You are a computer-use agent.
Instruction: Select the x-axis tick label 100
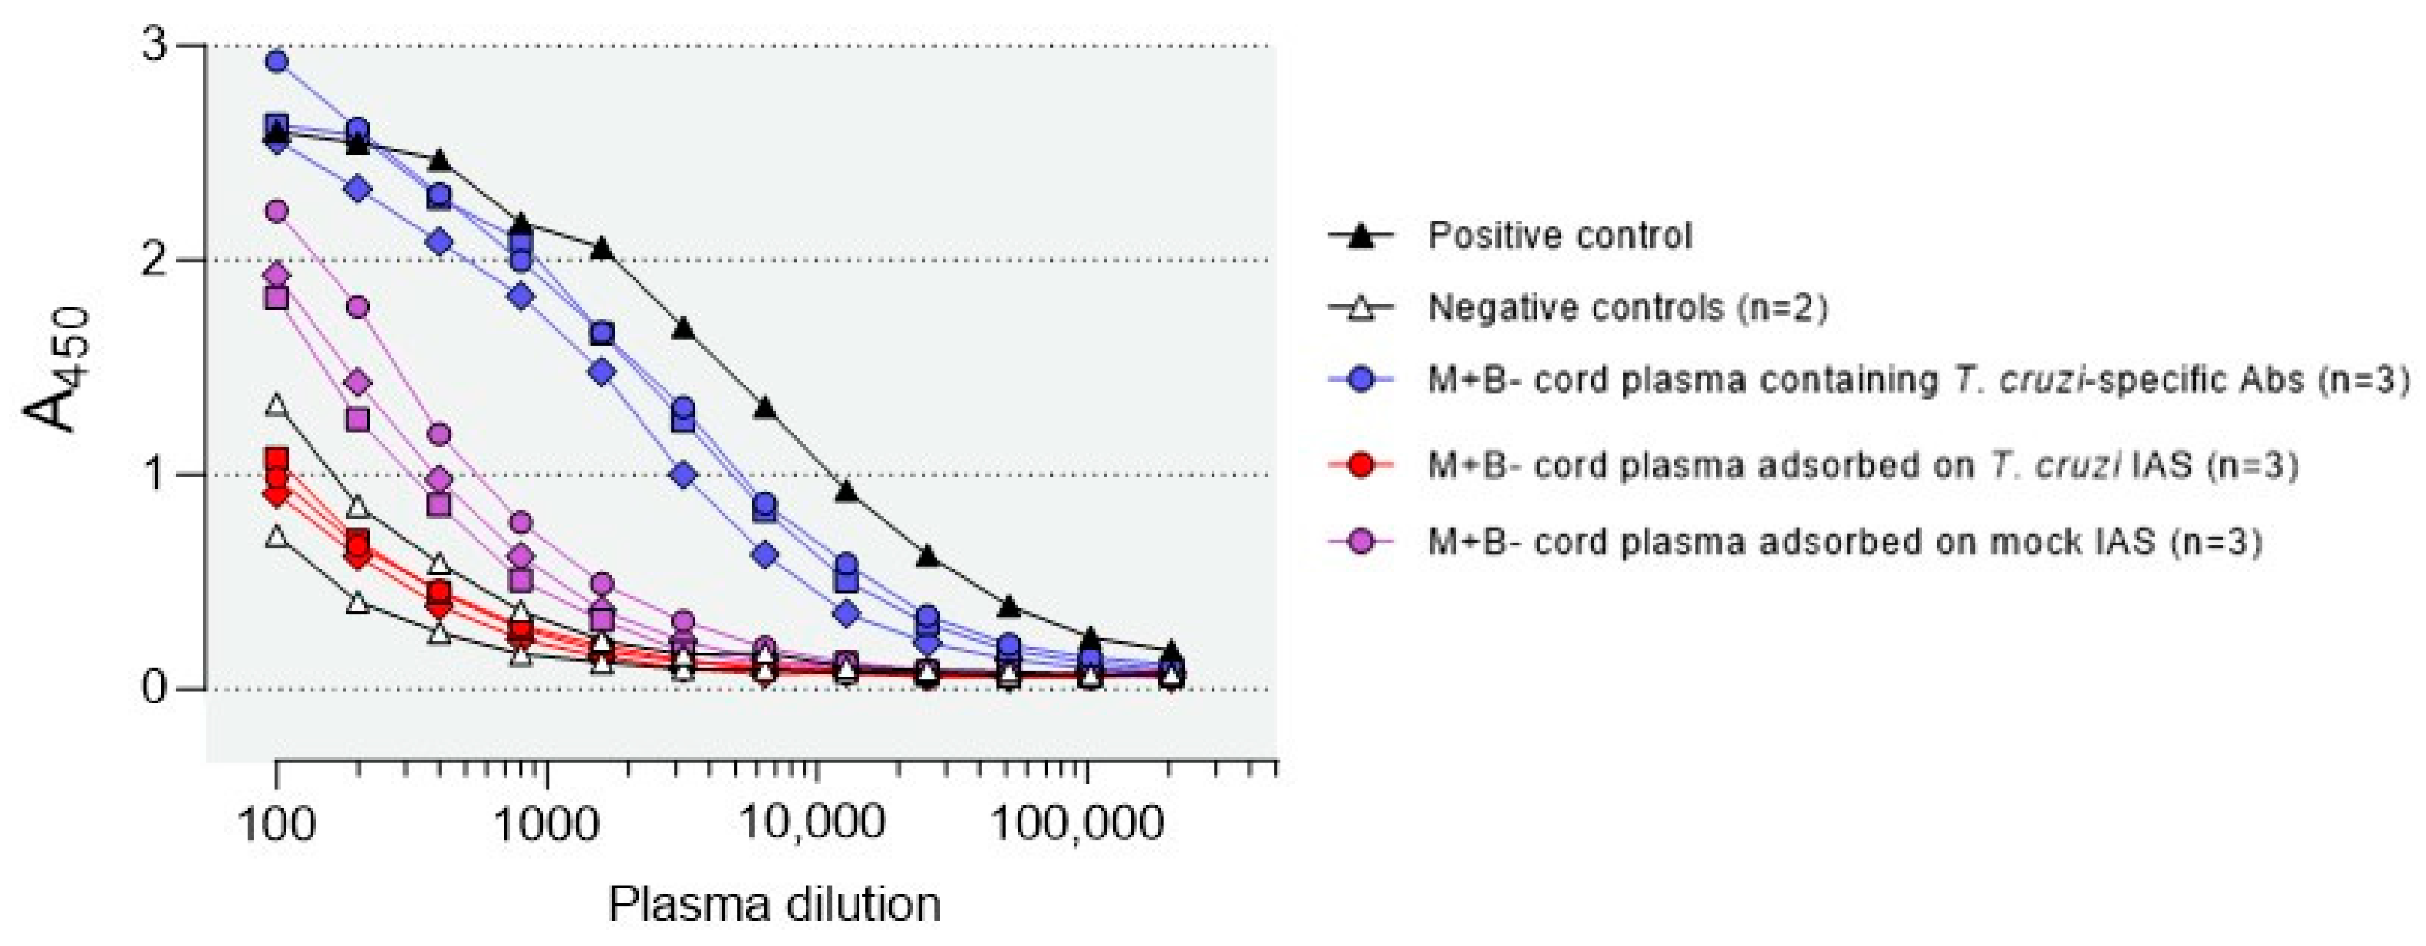tap(276, 826)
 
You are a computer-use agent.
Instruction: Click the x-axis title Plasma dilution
tap(774, 904)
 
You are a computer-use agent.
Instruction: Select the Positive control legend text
tap(1559, 234)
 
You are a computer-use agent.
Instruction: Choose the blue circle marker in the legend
tap(1361, 379)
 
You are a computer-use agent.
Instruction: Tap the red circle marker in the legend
tap(1361, 465)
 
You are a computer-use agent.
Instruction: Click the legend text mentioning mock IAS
tap(1844, 543)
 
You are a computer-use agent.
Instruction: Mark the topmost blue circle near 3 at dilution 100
tap(277, 62)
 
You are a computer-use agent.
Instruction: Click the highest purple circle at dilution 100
tap(277, 211)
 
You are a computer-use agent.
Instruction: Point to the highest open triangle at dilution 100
tap(276, 406)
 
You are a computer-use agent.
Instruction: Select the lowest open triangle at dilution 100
tap(276, 537)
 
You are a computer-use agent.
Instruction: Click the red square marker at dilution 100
tap(276, 458)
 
